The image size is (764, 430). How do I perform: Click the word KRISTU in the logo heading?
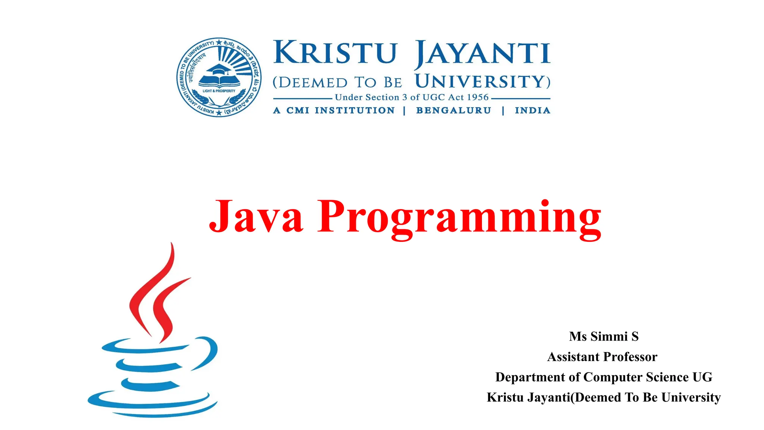(335, 53)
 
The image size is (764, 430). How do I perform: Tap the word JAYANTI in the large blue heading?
(482, 54)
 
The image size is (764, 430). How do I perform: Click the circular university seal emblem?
(219, 77)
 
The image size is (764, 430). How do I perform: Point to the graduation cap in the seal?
(219, 69)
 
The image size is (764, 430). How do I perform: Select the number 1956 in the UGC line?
(477, 97)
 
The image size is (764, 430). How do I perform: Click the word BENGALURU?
(454, 110)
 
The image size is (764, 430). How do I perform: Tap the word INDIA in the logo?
(532, 110)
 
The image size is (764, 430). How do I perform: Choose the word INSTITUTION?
(354, 110)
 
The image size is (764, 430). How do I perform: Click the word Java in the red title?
(256, 216)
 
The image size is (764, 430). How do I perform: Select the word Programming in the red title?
(459, 218)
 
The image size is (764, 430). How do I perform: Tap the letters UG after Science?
(702, 377)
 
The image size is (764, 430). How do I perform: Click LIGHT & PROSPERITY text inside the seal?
(219, 91)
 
